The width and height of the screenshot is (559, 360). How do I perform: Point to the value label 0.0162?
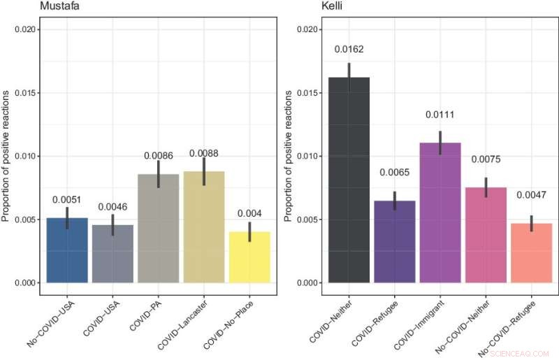tap(349, 50)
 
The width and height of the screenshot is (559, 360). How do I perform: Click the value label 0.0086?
tap(159, 154)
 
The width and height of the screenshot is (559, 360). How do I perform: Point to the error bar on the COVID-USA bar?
tap(112, 225)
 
